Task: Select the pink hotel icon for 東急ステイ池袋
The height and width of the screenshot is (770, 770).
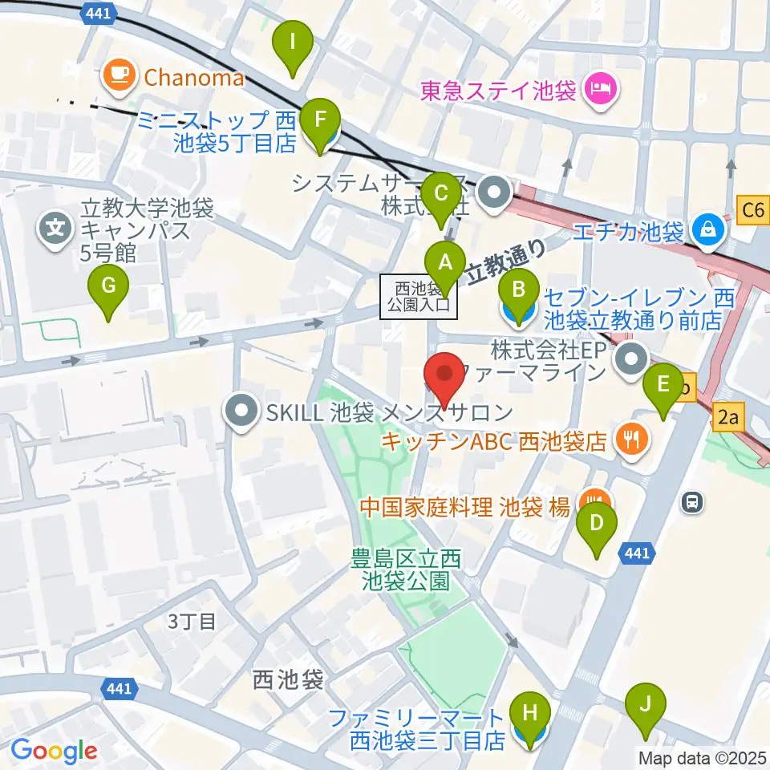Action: point(598,87)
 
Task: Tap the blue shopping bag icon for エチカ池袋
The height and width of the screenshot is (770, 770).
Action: point(709,231)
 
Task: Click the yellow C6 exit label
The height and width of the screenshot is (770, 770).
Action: point(753,211)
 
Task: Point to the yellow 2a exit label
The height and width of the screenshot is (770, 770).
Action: point(728,417)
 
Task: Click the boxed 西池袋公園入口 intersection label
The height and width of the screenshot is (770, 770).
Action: point(419,294)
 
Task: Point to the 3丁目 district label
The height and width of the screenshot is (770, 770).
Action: point(192,621)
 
